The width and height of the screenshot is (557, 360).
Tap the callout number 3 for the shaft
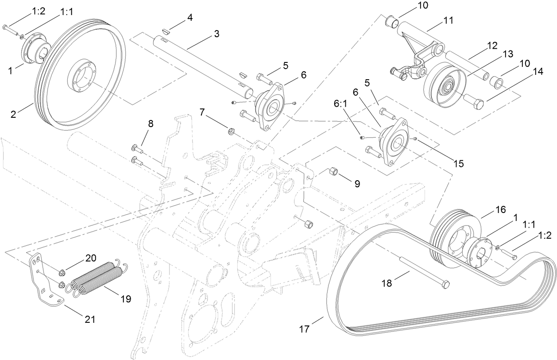[216, 34]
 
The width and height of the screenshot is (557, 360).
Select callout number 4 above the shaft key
[190, 18]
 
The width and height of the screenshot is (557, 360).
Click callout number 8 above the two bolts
[151, 124]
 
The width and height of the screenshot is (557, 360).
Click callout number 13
[507, 54]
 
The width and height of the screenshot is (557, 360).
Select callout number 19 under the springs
[125, 299]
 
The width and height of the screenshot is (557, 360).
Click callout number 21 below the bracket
[90, 319]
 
